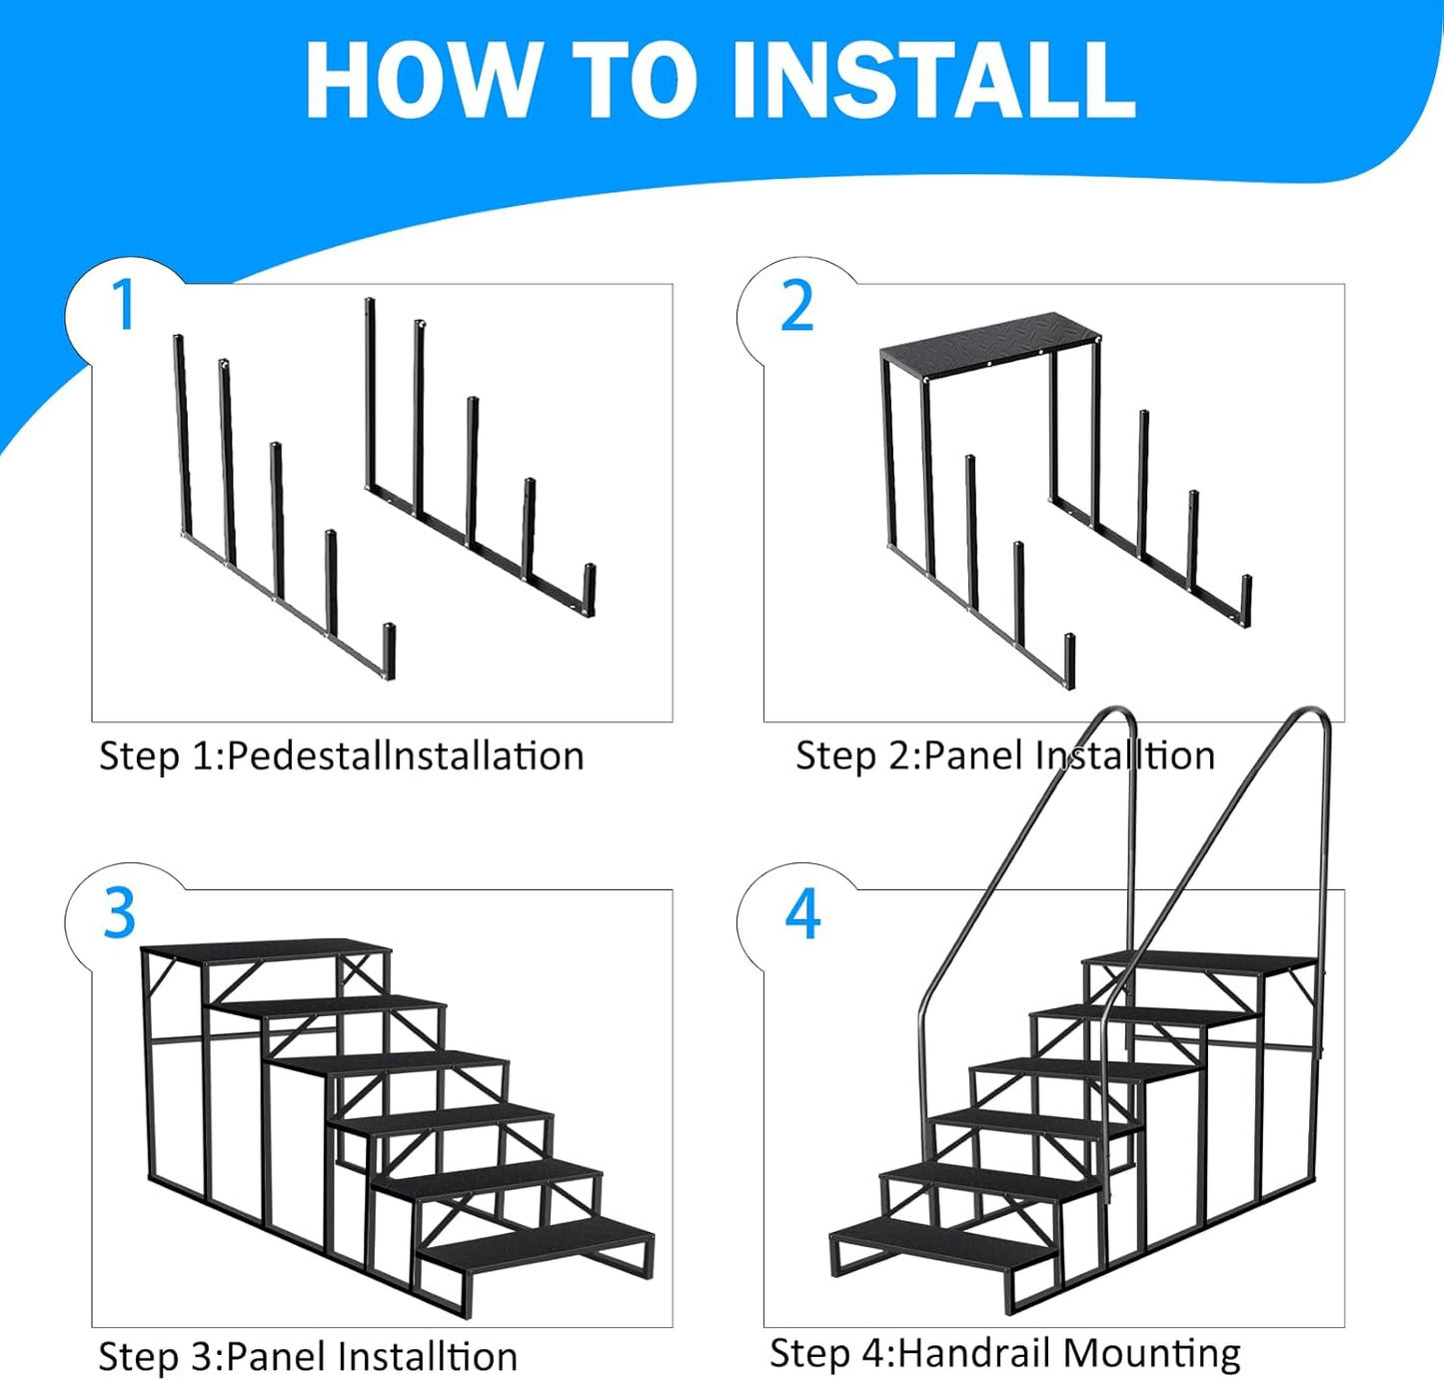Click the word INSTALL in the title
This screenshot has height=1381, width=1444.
click(934, 81)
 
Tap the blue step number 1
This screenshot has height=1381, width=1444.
click(124, 305)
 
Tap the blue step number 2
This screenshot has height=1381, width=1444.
click(796, 306)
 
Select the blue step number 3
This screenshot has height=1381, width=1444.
click(120, 913)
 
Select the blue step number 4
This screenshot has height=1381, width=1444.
click(802, 913)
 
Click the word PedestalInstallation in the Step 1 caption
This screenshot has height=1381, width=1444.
click(405, 756)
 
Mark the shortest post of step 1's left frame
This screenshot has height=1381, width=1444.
click(390, 652)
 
